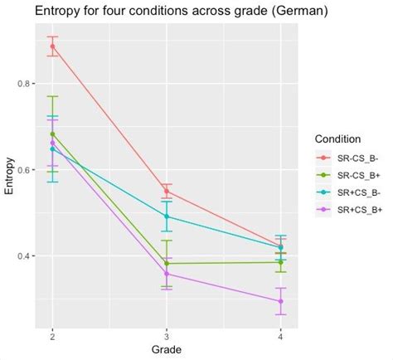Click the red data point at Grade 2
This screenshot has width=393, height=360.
[x=52, y=46]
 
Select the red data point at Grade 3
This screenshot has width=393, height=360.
[x=167, y=192]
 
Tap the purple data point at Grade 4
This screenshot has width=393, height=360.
[x=280, y=301]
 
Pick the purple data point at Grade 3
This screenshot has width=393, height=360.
[x=167, y=274]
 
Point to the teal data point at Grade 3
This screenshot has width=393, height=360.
[x=167, y=216]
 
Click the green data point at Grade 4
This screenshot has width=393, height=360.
[x=280, y=262]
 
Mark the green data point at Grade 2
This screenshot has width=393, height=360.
[x=52, y=134]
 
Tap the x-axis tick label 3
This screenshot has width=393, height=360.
[x=167, y=336]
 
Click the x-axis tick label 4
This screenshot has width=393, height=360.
[x=280, y=336]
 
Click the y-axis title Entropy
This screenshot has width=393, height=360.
[x=9, y=176]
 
